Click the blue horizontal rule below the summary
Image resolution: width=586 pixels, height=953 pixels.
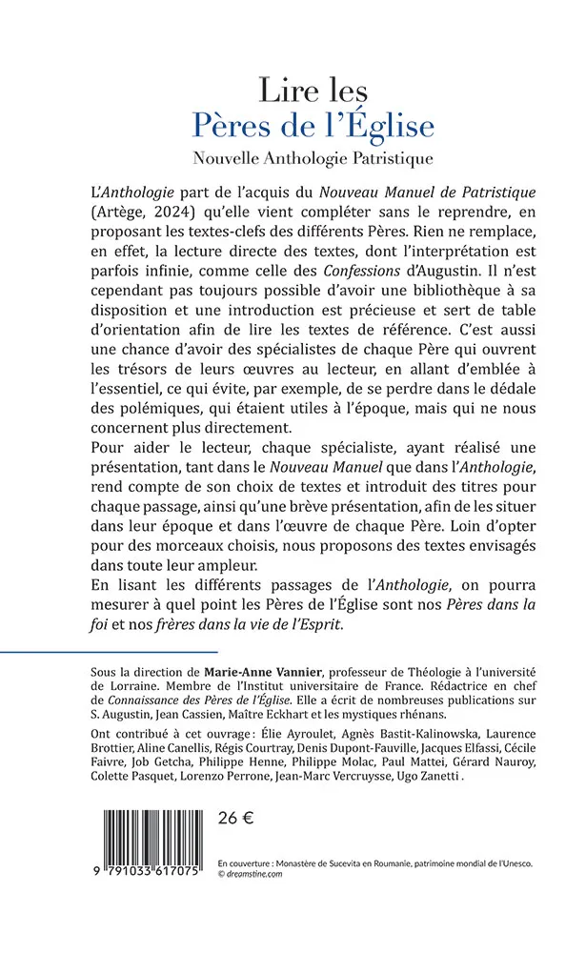point(95,652)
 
